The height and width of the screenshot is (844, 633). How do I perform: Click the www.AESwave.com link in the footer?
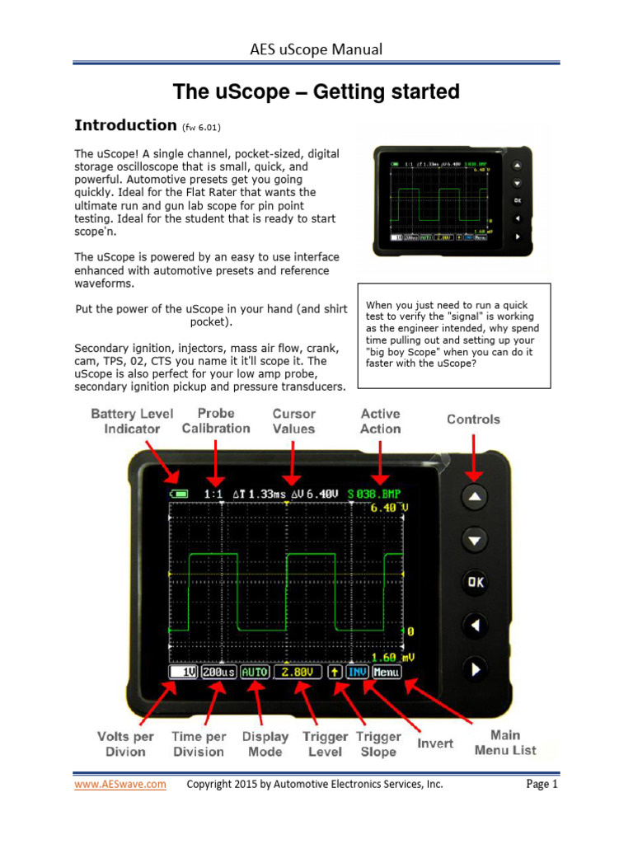click(120, 785)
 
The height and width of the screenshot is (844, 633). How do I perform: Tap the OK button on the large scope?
click(476, 582)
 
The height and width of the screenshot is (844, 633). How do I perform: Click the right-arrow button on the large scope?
click(476, 670)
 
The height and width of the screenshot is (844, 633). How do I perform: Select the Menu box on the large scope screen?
click(385, 673)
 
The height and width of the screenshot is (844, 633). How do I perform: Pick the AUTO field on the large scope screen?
click(255, 673)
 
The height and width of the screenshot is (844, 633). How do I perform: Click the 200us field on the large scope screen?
click(218, 673)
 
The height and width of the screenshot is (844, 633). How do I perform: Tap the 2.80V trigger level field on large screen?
click(294, 673)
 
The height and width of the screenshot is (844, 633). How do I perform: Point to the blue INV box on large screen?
click(356, 673)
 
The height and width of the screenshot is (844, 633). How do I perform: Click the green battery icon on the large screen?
click(179, 494)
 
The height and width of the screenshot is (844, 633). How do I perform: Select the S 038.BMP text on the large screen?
click(378, 494)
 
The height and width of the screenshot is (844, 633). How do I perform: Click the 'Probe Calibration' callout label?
click(216, 420)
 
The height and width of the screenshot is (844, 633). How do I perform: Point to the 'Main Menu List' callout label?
click(505, 742)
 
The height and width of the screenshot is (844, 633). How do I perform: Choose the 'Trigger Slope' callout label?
click(378, 743)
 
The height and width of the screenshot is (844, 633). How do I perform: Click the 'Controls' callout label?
click(473, 419)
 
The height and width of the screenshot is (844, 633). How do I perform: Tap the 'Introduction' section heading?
click(125, 125)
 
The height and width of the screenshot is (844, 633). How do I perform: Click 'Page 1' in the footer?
click(542, 785)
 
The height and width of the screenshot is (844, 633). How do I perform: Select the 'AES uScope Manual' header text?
click(316, 49)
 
